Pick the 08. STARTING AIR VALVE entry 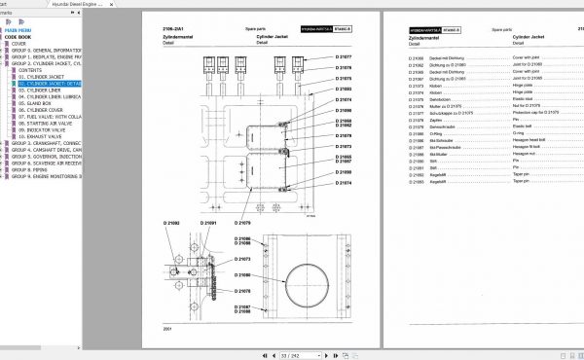click(x=47, y=124)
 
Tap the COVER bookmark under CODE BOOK click(x=19, y=44)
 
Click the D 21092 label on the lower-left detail click(x=171, y=223)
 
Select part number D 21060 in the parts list click(x=416, y=58)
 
